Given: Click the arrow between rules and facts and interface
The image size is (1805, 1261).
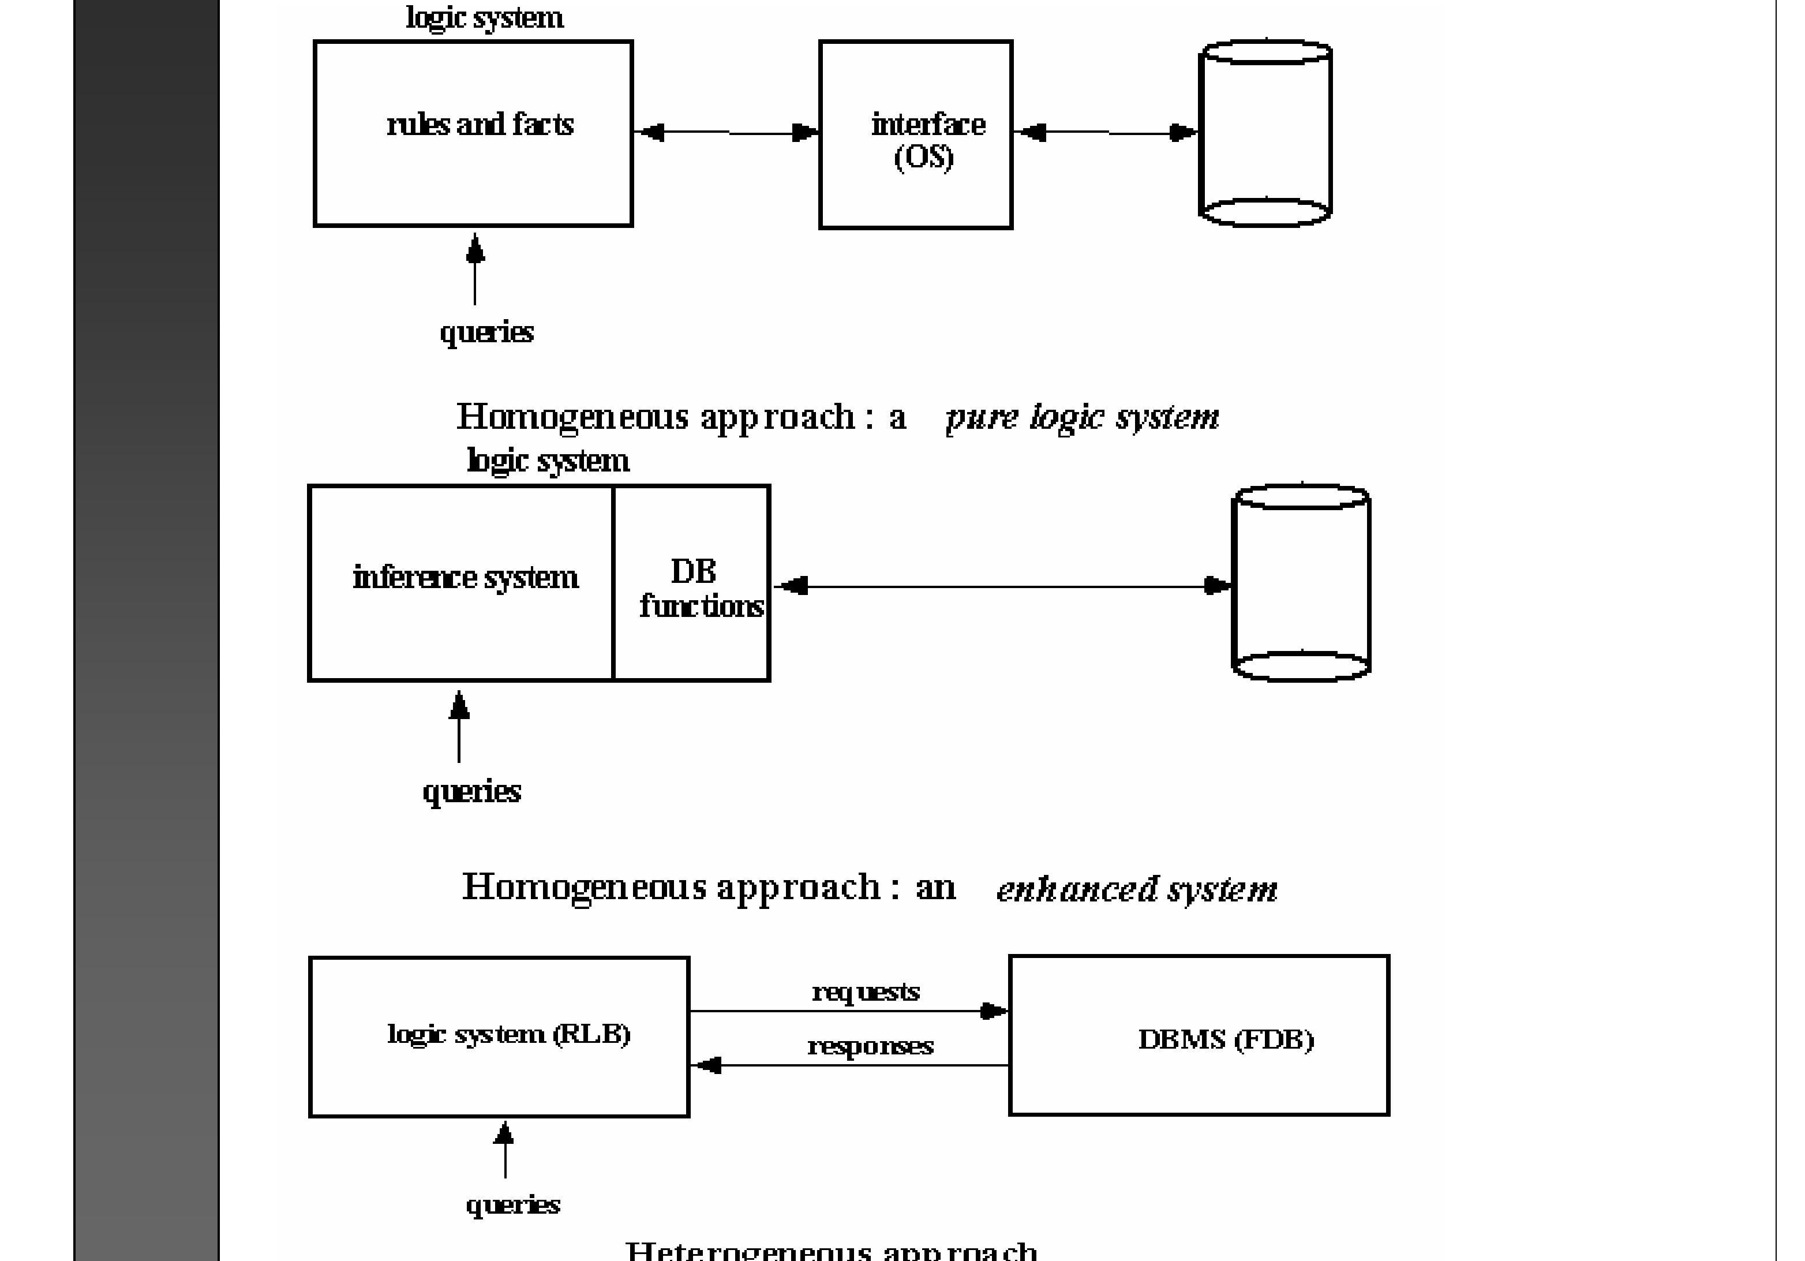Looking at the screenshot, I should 727,133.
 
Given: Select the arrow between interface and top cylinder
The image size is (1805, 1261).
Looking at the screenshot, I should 1107,133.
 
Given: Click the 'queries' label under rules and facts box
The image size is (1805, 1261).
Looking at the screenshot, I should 486,332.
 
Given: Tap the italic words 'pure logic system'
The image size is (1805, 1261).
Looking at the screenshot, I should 1083,417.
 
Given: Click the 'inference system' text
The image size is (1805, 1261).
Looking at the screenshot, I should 466,578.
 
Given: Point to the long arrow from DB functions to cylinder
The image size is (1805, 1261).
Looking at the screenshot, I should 1002,586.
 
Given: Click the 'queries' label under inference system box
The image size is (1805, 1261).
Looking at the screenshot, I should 471,791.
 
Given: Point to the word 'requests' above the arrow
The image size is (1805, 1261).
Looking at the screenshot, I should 866,992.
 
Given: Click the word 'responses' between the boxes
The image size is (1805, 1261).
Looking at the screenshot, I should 870,1046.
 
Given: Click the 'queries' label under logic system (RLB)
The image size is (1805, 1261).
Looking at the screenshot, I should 512,1204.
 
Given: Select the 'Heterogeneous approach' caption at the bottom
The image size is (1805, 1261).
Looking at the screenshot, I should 831,1250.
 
